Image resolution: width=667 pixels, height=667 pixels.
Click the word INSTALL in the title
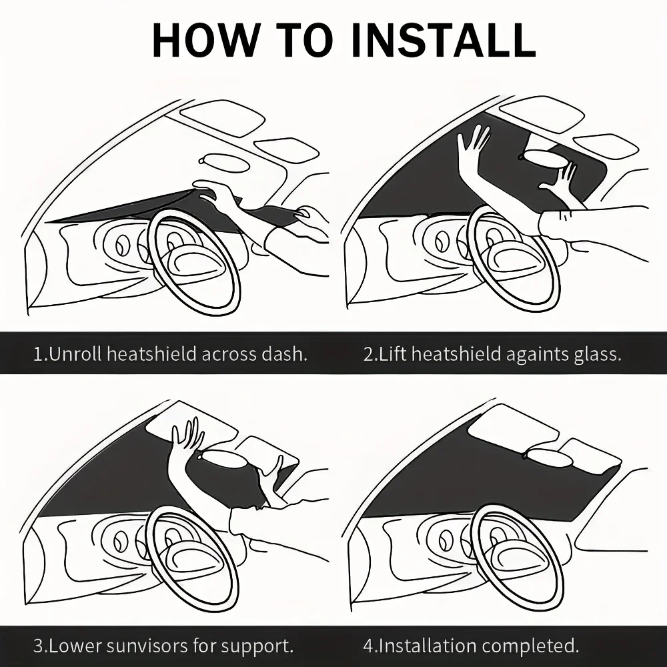point(444,40)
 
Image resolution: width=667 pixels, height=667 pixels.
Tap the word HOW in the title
point(205,40)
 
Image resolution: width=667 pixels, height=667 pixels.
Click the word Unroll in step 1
point(76,354)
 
